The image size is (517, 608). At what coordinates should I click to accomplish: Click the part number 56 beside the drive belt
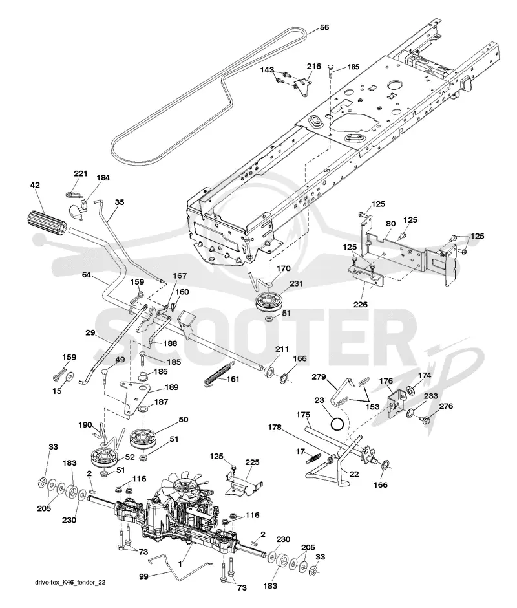click(x=324, y=28)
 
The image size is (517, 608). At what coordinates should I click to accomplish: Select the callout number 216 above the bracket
click(x=314, y=67)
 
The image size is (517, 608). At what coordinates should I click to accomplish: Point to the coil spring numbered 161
click(x=219, y=374)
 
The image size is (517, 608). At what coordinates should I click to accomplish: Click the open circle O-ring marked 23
click(x=337, y=424)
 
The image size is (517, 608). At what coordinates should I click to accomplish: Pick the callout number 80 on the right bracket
click(x=390, y=224)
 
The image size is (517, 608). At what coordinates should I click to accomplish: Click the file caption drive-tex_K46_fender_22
click(x=70, y=582)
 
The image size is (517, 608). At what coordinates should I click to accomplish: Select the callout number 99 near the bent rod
click(x=143, y=576)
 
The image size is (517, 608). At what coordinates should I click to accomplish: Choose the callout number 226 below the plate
click(x=361, y=305)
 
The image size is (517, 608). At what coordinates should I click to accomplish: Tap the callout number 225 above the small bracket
click(x=252, y=462)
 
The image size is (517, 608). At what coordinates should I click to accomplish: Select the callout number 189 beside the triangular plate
click(x=172, y=387)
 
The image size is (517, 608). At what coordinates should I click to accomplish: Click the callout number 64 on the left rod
click(x=86, y=275)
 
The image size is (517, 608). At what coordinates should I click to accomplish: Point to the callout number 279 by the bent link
click(x=319, y=377)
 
